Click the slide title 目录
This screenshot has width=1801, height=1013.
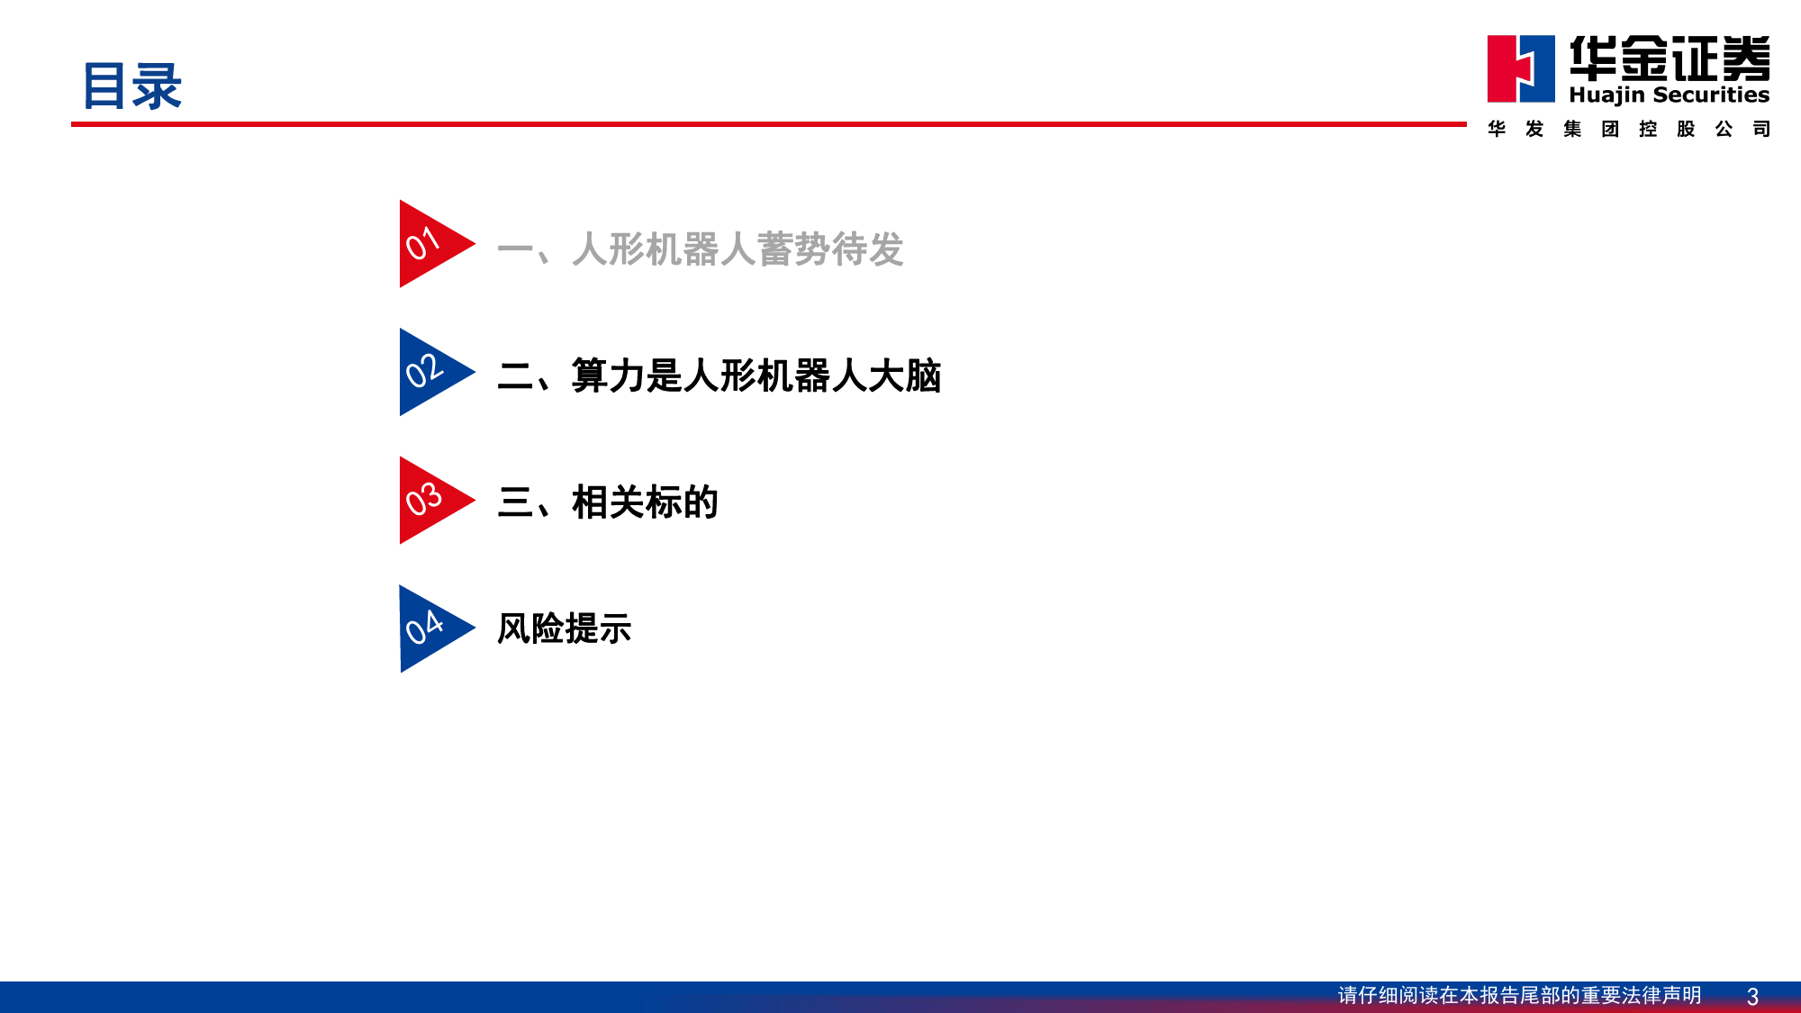(132, 86)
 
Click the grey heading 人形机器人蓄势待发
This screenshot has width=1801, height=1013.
(738, 249)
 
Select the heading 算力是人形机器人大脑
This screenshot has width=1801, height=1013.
(756, 375)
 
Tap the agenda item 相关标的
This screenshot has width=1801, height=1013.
(645, 502)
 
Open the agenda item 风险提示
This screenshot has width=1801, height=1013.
(565, 629)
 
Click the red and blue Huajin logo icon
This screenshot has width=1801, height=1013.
(1521, 68)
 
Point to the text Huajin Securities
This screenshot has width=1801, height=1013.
(1670, 95)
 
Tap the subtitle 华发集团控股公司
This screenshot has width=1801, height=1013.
(1629, 129)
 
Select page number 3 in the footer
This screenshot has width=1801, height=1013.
(1752, 997)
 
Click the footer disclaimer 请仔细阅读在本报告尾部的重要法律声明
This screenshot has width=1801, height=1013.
(1520, 995)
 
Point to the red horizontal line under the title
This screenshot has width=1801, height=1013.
(769, 124)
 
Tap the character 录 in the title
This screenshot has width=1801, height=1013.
(158, 86)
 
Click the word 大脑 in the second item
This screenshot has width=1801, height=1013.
(905, 375)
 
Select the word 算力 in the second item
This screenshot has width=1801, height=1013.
(609, 375)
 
